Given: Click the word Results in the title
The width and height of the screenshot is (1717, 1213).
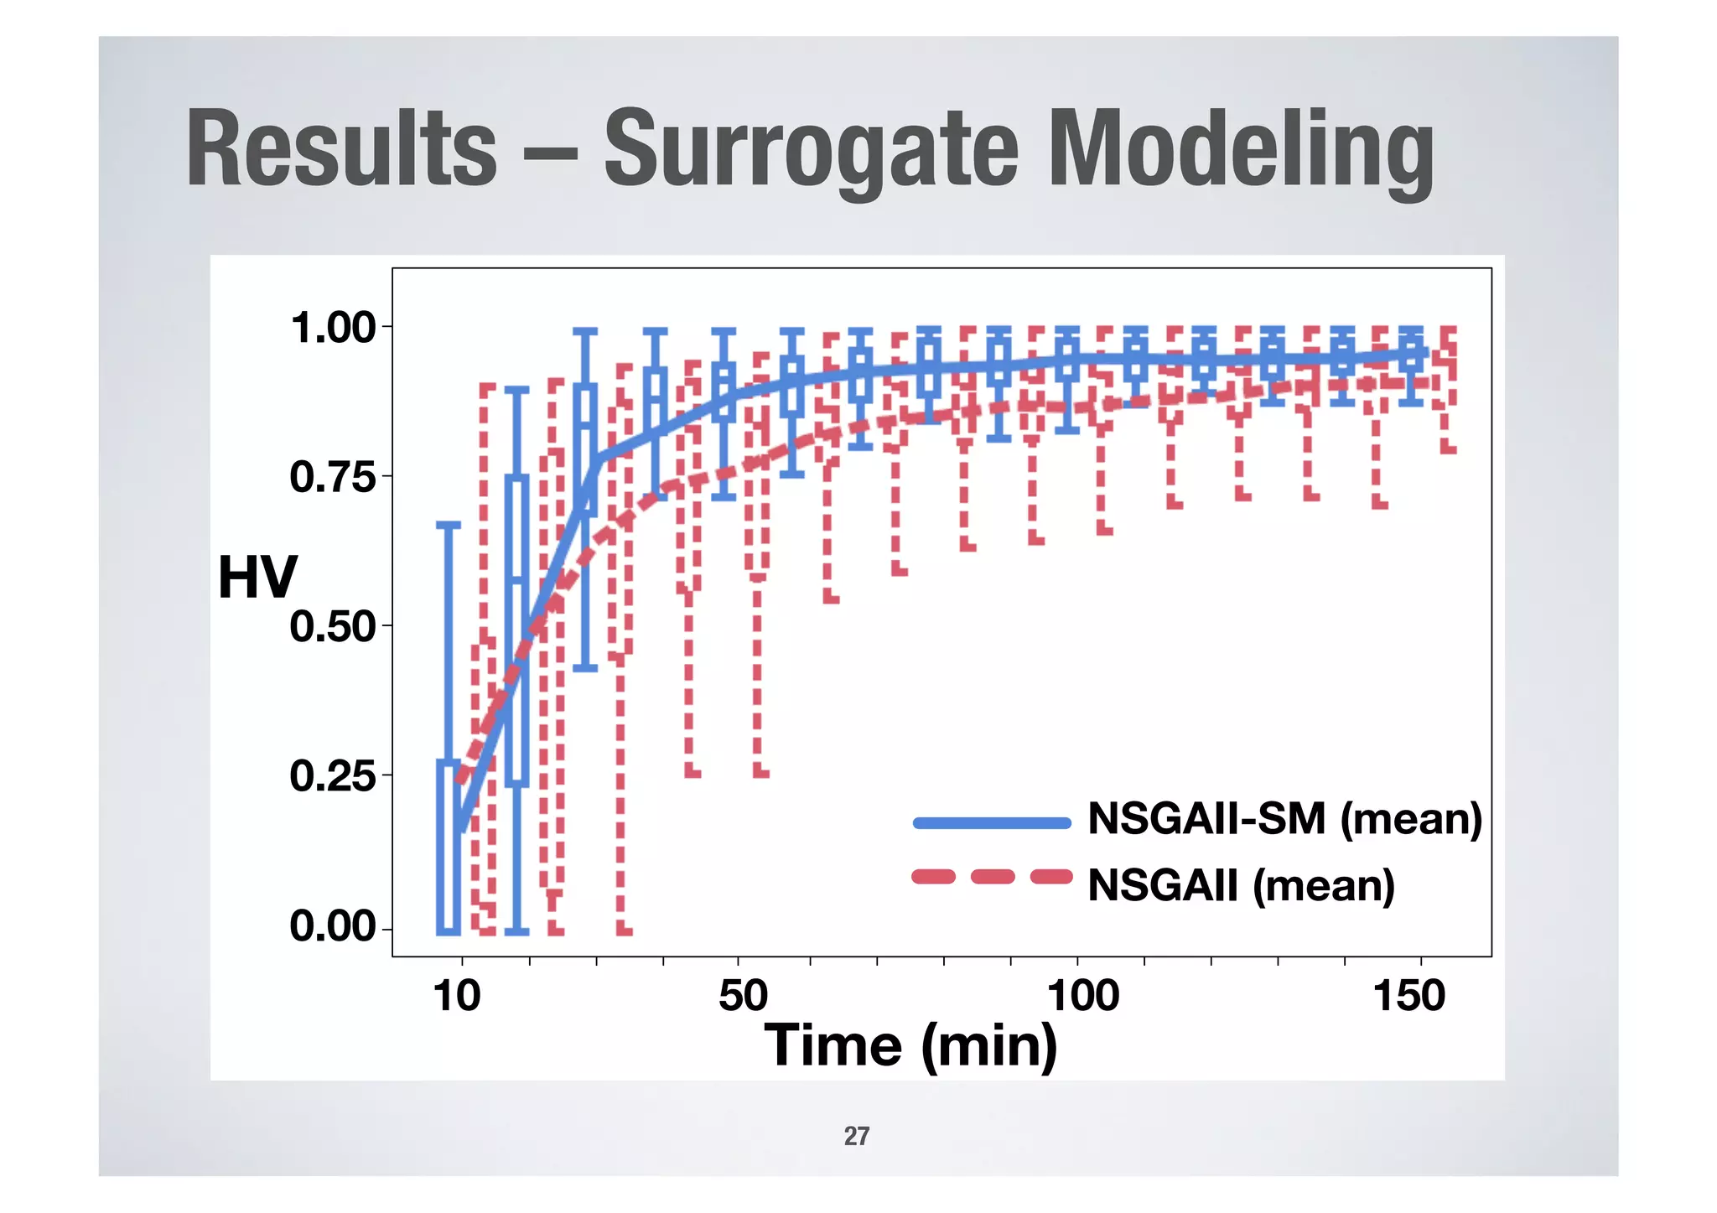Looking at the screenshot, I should point(341,149).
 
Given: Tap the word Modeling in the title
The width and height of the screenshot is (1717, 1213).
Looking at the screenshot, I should point(1241,151).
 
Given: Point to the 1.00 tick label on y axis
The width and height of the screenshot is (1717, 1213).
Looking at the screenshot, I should point(333,328).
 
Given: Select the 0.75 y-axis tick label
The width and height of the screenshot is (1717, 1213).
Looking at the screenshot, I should point(333,478).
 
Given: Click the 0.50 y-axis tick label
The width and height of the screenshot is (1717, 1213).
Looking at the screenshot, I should point(333,627).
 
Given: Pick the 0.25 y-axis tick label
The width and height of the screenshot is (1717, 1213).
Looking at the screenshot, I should point(333,776).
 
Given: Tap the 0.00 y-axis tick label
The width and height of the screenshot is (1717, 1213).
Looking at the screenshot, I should point(333,926).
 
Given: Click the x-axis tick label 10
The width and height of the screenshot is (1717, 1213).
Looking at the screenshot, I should point(457,997).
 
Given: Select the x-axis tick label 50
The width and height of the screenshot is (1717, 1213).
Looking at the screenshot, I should point(743,997).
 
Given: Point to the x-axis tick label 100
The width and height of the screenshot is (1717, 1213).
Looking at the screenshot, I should point(1082,997).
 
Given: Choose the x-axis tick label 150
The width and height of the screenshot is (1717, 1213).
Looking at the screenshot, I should point(1408,997).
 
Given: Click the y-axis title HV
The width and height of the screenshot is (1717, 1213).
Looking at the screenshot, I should point(257,578).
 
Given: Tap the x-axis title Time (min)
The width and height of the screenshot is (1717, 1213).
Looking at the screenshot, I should point(910,1045).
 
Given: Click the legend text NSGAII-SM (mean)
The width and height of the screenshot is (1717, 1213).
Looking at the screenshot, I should point(1284,818).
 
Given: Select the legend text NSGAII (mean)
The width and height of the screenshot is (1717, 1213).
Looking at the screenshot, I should point(1241,885).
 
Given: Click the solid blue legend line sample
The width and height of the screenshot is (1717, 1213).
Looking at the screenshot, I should point(992,823).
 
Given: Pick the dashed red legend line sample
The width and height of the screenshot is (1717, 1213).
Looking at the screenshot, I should point(992,878).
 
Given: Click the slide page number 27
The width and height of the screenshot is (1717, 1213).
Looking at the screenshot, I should point(856,1136).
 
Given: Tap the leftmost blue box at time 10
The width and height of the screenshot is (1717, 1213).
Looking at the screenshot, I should point(449,847).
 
